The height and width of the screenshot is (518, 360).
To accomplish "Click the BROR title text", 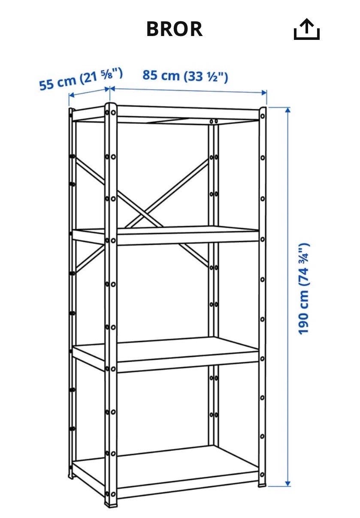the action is tap(175, 29).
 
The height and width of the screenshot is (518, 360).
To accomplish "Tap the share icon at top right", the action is tap(306, 29).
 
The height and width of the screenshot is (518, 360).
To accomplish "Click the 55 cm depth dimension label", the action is tap(81, 79).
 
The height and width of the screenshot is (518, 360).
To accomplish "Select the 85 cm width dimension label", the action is tap(185, 76).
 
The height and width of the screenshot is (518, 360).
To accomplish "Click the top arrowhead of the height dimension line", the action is tap(287, 110).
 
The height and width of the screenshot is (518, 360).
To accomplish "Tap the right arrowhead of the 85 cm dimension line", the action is tap(264, 93).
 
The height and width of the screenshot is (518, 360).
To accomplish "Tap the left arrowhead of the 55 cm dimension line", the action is tap(72, 95).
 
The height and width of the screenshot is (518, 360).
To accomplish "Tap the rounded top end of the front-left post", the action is tap(111, 105).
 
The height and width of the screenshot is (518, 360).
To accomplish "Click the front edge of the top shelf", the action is tap(188, 113).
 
